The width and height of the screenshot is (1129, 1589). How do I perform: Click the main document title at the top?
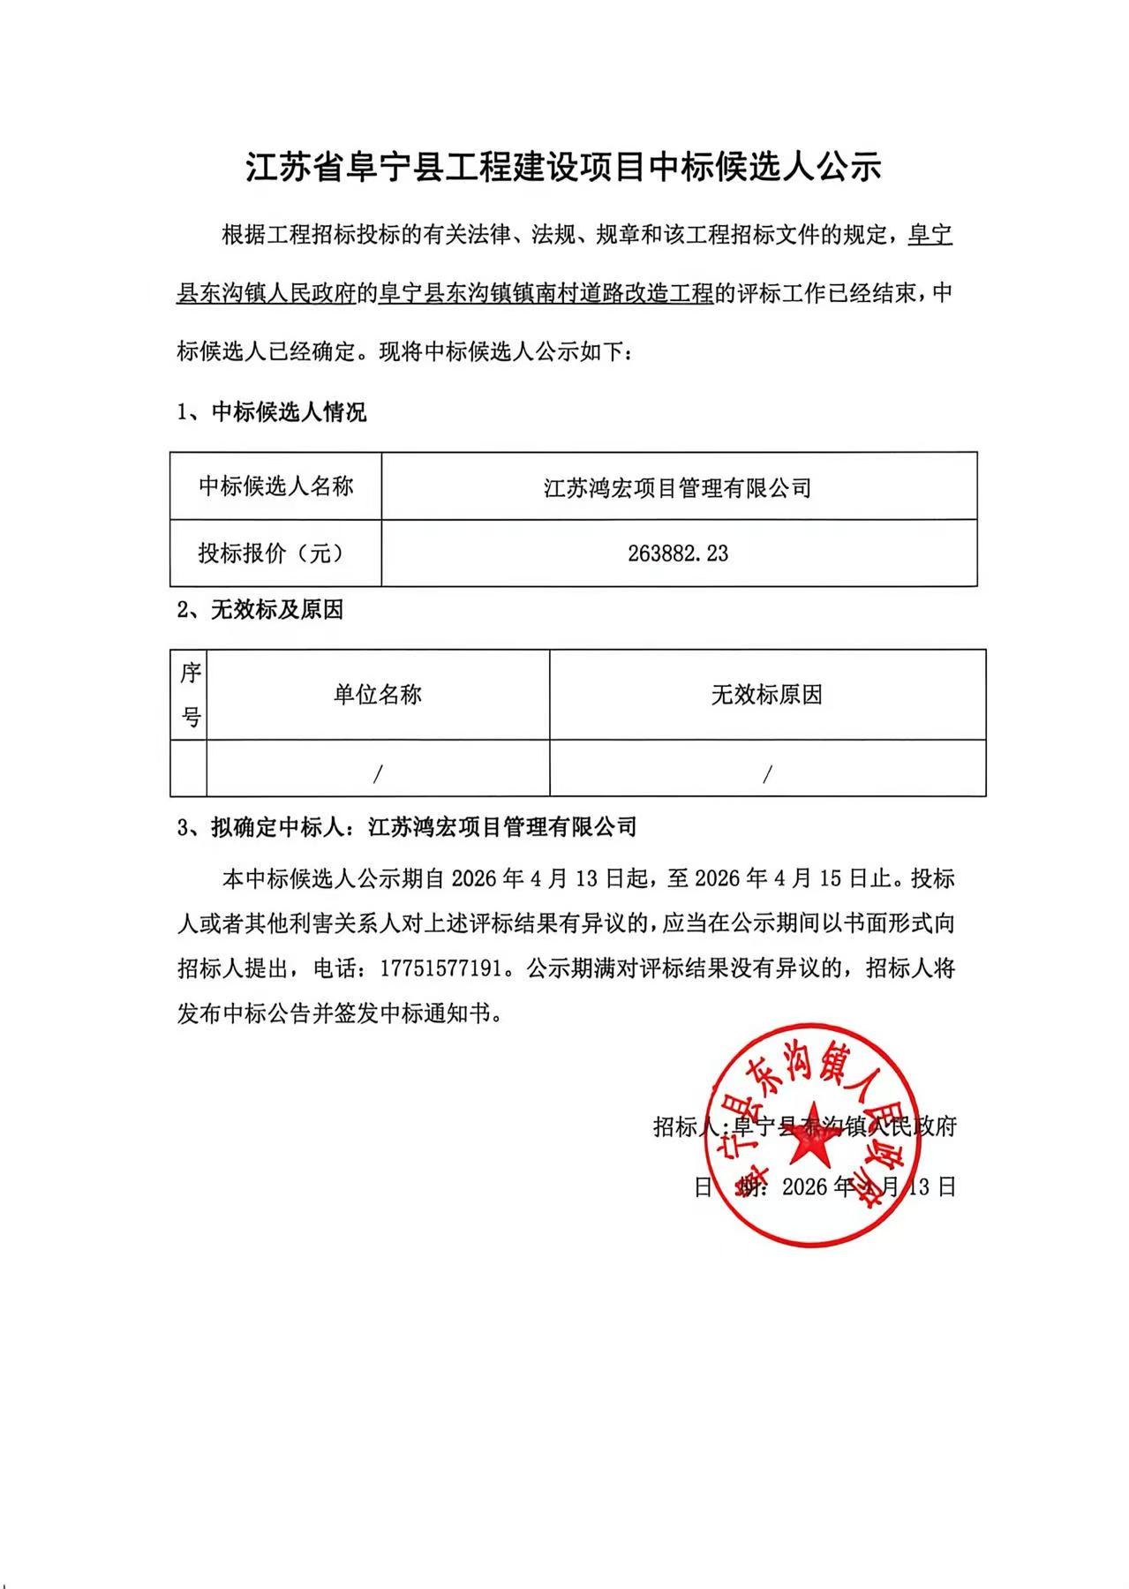pyautogui.click(x=563, y=167)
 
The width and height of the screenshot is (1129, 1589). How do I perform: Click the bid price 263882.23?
pyautogui.click(x=678, y=554)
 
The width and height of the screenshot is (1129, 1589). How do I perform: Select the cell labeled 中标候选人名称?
pyautogui.click(x=275, y=486)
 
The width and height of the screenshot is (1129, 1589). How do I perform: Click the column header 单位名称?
pyautogui.click(x=377, y=695)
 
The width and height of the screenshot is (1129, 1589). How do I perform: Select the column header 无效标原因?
pyautogui.click(x=766, y=695)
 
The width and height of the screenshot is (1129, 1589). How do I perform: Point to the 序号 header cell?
pyautogui.click(x=190, y=695)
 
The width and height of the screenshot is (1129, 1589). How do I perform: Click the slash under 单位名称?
pyautogui.click(x=377, y=774)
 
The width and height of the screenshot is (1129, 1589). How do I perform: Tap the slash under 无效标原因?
pyautogui.click(x=766, y=774)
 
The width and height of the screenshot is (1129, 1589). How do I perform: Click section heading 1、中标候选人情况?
pyautogui.click(x=272, y=412)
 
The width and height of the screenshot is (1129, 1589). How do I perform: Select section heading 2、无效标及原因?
pyautogui.click(x=260, y=610)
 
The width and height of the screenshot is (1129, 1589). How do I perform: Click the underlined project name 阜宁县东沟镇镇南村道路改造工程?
pyautogui.click(x=545, y=293)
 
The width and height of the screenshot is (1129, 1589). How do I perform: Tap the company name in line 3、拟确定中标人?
pyautogui.click(x=502, y=827)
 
